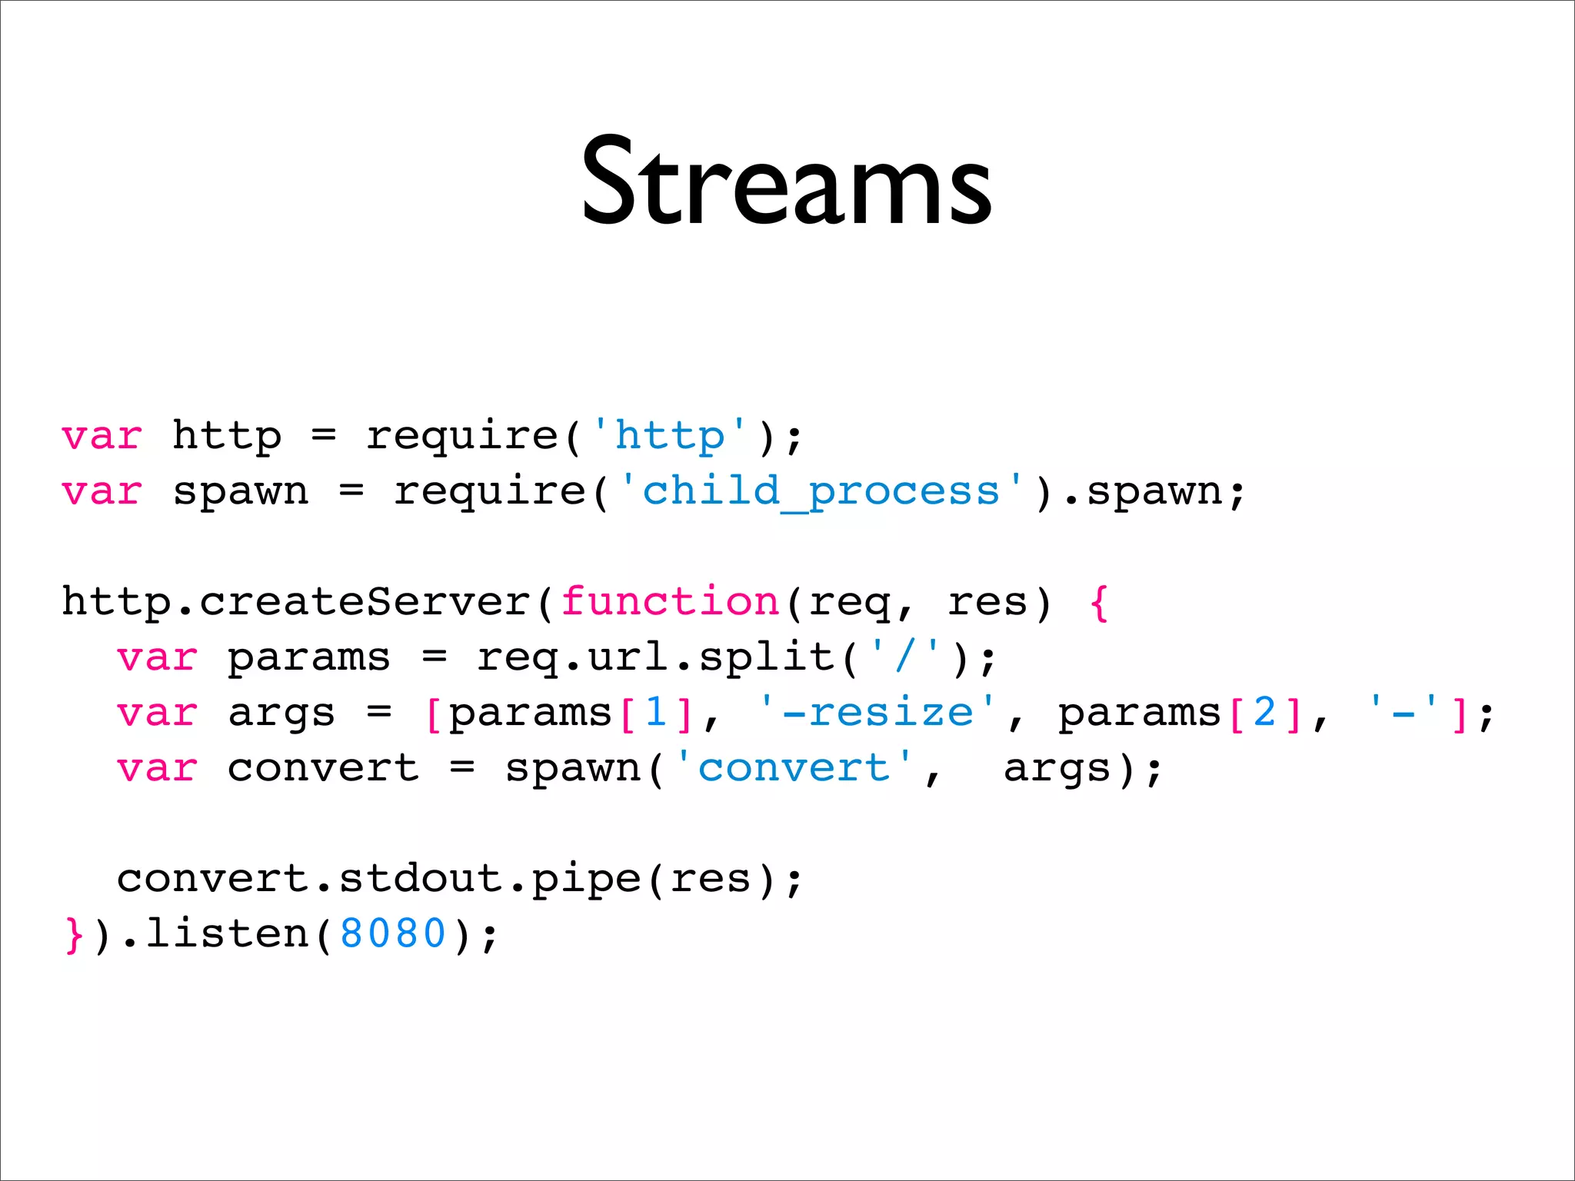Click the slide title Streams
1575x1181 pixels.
(x=786, y=182)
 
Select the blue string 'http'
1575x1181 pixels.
(x=669, y=435)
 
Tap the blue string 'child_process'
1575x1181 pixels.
(x=821, y=491)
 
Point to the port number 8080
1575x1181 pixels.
(x=393, y=933)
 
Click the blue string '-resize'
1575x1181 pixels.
(x=877, y=712)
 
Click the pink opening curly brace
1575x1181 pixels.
(x=1099, y=602)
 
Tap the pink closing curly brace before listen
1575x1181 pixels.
(x=74, y=935)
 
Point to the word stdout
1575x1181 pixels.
(x=421, y=878)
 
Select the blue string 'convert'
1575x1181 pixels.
(x=793, y=767)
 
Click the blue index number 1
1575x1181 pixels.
(x=656, y=712)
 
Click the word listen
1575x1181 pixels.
(x=227, y=933)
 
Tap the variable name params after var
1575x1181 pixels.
(x=309, y=658)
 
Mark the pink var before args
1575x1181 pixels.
(x=158, y=713)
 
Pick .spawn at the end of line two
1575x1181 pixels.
(x=1146, y=491)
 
